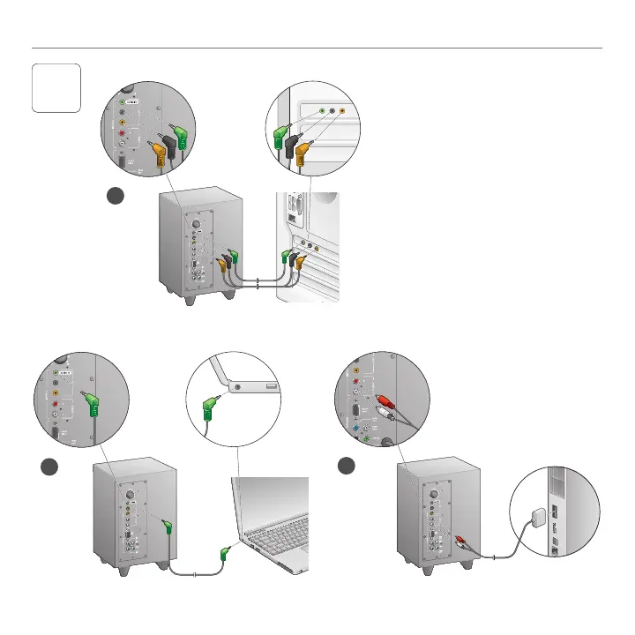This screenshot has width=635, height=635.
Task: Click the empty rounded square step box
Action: pos(56,88)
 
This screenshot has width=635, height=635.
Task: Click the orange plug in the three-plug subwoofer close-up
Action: pos(159,155)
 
